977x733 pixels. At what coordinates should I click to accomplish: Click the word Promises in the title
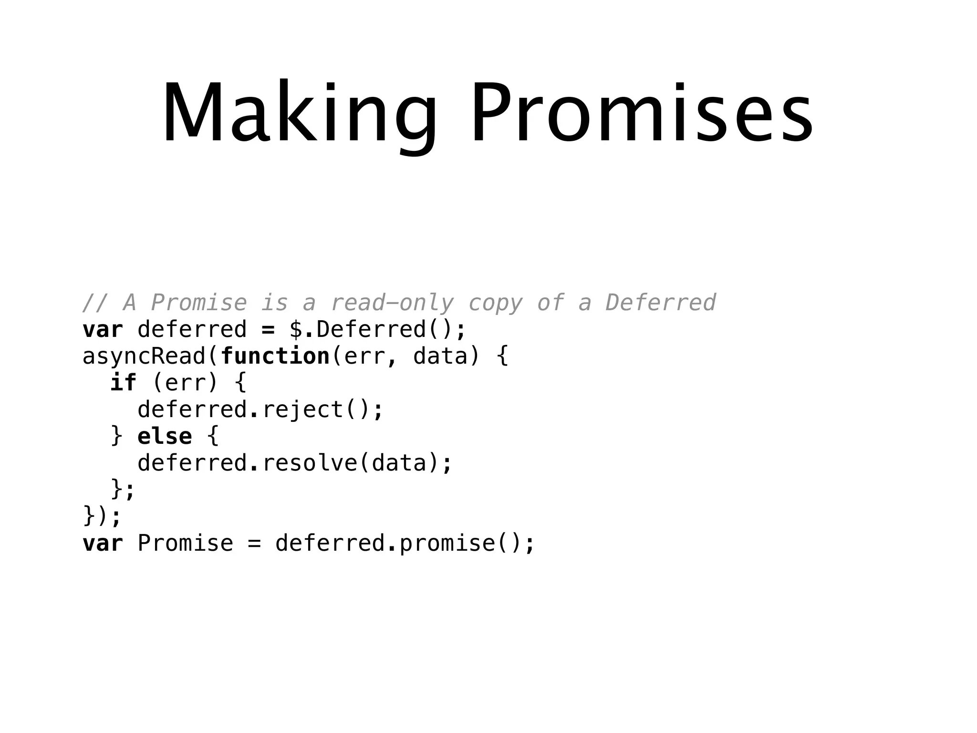coord(642,113)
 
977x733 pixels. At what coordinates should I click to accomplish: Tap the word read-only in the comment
coord(392,303)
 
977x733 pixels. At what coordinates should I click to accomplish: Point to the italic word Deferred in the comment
coord(660,303)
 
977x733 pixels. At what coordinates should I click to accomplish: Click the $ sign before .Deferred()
coord(296,330)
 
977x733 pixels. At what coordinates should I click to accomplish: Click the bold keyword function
coord(275,356)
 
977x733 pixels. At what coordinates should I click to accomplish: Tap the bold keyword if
coord(123,383)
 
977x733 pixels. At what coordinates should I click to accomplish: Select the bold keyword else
coord(165,436)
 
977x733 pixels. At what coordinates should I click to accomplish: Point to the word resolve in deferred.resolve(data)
coord(310,463)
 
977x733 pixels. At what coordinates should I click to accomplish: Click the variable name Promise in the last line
coord(186,544)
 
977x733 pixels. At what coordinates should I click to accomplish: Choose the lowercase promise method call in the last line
coord(447,544)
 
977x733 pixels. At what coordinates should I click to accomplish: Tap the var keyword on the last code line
coord(103,544)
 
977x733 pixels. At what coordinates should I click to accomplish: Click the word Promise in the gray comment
coord(199,303)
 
